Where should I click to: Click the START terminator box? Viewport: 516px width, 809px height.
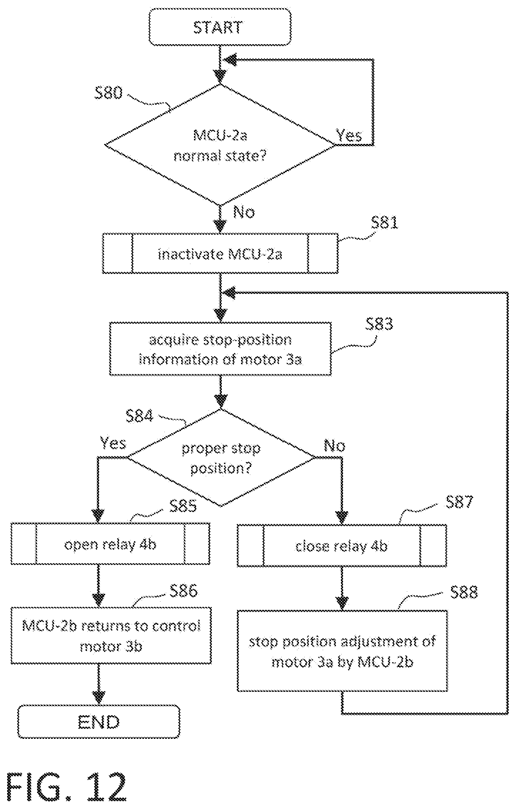[x=220, y=27]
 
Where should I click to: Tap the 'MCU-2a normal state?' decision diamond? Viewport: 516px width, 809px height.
[x=220, y=145]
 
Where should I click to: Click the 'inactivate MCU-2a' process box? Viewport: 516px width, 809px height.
[x=220, y=253]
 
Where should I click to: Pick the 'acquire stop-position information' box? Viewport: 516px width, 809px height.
[x=220, y=349]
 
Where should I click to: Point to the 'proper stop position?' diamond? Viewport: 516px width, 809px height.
[x=221, y=458]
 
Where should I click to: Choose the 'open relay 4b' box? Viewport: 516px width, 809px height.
[x=110, y=544]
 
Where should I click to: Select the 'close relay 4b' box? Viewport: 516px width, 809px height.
[x=342, y=545]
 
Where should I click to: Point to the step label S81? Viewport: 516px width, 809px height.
[x=384, y=223]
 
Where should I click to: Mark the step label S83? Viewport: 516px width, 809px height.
[x=379, y=324]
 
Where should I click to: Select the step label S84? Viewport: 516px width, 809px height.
[x=139, y=416]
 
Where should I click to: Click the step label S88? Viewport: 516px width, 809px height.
[x=464, y=592]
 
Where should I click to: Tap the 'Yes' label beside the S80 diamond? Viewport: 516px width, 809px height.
[x=349, y=135]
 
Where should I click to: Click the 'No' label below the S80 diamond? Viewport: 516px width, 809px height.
[x=244, y=212]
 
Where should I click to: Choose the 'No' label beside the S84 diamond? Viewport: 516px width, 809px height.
[x=334, y=446]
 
